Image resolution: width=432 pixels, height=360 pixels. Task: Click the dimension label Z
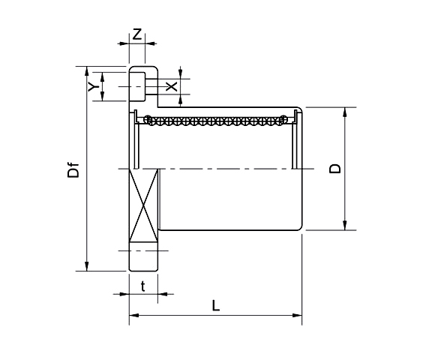[136, 34]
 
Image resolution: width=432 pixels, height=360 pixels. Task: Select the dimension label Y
[92, 86]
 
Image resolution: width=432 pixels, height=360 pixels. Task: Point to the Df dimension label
[73, 170]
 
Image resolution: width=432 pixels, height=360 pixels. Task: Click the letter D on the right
[335, 169]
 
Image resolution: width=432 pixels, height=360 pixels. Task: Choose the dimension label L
[216, 306]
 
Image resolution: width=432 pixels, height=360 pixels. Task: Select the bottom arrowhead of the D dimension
[345, 226]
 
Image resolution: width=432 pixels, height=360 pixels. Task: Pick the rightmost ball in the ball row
[283, 120]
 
